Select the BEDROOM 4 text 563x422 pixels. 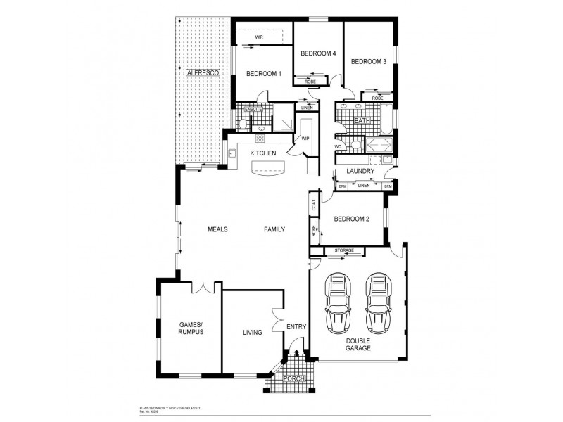click(x=318, y=54)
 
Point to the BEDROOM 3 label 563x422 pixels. click(x=369, y=62)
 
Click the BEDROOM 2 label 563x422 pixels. click(x=351, y=219)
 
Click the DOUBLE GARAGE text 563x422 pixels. click(x=358, y=344)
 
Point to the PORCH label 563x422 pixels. click(x=293, y=379)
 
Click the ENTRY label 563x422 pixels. click(x=296, y=327)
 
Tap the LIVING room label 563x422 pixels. click(x=253, y=332)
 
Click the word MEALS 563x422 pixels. click(x=217, y=230)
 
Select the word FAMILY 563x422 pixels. click(x=274, y=230)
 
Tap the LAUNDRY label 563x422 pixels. click(x=360, y=171)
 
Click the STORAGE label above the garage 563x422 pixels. click(x=344, y=250)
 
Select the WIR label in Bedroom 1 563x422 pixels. click(x=259, y=36)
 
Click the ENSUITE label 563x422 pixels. click(x=253, y=110)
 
